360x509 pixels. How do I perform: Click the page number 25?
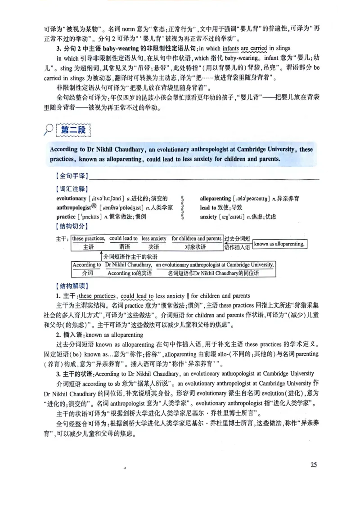click(x=314, y=464)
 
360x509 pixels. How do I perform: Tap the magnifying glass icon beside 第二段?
click(x=47, y=130)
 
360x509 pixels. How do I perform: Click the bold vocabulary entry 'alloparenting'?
click(x=215, y=198)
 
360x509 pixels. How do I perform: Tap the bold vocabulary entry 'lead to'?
click(x=208, y=207)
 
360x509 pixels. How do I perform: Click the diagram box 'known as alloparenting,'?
click(x=279, y=244)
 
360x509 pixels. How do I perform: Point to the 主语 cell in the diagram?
click(x=89, y=247)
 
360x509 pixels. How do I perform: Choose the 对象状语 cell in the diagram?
click(x=197, y=247)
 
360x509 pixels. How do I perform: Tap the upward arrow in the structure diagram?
click(x=101, y=256)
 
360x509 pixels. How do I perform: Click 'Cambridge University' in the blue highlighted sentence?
click(x=266, y=149)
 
